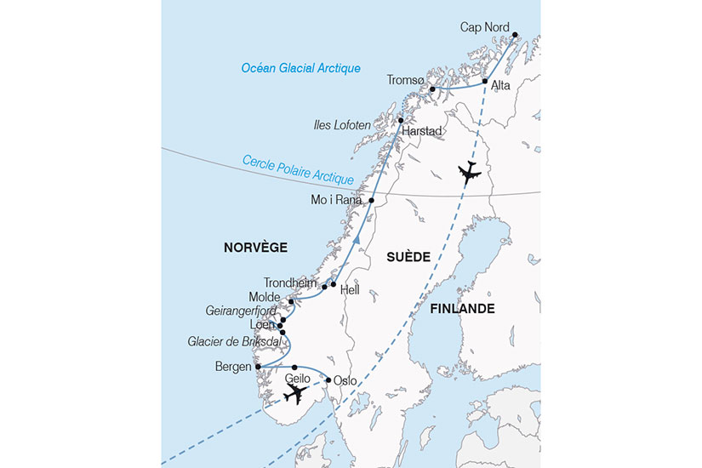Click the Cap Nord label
pyautogui.click(x=484, y=28)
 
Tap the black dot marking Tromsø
pyautogui.click(x=432, y=89)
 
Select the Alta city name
pyautogui.click(x=501, y=85)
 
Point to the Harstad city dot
pyautogui.click(x=400, y=121)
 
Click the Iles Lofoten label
pyautogui.click(x=340, y=125)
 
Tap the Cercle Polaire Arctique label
pyautogui.click(x=298, y=170)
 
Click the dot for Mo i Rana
pyautogui.click(x=371, y=200)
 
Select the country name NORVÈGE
pyautogui.click(x=255, y=248)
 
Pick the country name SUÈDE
pyautogui.click(x=407, y=255)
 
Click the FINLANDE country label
pyautogui.click(x=462, y=308)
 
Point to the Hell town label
pyautogui.click(x=350, y=290)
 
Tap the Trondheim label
pyautogui.click(x=290, y=283)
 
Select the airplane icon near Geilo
pyautogui.click(x=295, y=394)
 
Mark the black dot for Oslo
pyautogui.click(x=328, y=380)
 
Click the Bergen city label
pyautogui.click(x=234, y=368)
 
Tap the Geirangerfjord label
pyautogui.click(x=240, y=311)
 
